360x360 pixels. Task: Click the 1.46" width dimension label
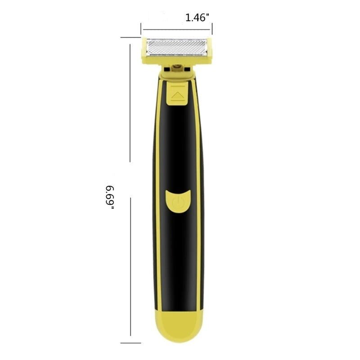point(198,18)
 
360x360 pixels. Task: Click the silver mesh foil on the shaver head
point(176,46)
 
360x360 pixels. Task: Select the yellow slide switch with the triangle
point(178,94)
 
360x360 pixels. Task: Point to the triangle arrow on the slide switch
point(178,95)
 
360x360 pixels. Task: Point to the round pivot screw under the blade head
point(176,68)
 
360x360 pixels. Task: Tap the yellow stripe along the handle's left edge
point(155,202)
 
